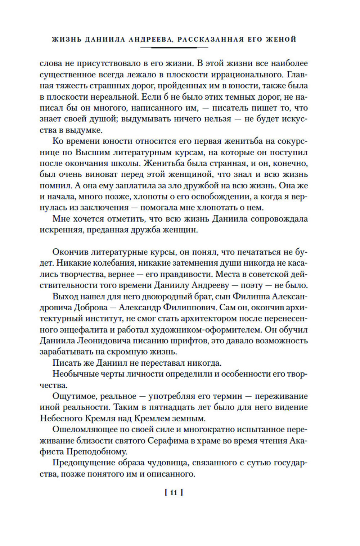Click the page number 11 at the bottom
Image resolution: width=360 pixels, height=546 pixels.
point(174,493)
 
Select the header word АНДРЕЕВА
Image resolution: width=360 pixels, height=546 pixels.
point(151,39)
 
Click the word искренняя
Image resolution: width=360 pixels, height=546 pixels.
point(61,230)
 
